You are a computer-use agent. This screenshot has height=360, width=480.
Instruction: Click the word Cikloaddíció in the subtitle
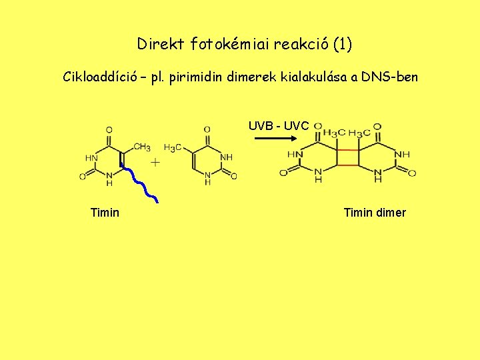100,77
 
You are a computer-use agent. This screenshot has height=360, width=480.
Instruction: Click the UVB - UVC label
279,125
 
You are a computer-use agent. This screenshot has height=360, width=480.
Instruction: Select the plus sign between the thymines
155,162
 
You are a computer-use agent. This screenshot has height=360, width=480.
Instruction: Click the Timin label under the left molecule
105,213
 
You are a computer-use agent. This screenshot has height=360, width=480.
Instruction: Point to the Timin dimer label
375,213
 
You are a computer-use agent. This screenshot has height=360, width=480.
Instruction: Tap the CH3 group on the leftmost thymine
141,147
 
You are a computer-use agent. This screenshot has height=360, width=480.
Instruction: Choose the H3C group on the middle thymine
173,147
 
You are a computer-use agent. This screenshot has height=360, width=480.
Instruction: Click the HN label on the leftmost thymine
91,157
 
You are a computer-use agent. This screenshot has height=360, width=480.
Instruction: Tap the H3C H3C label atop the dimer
347,131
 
